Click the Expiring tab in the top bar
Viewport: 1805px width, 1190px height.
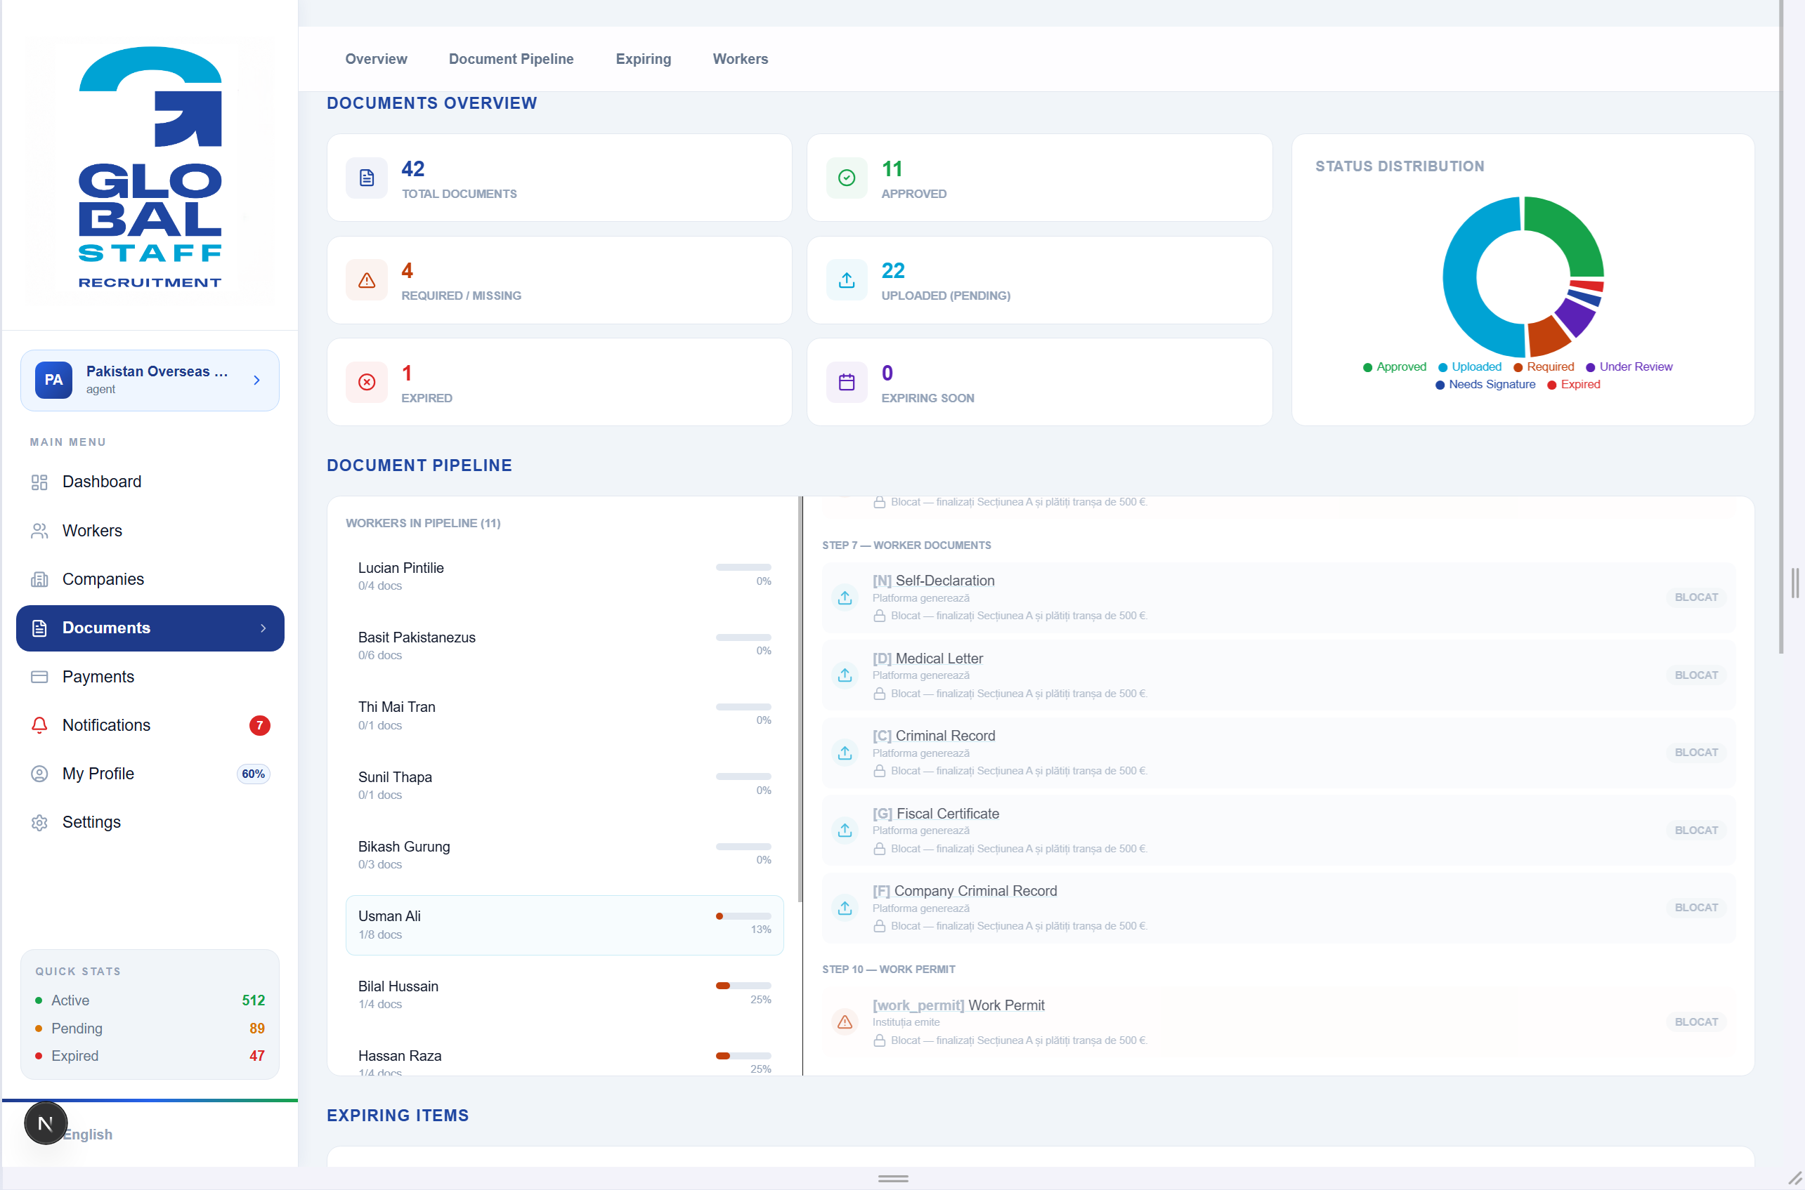(x=643, y=59)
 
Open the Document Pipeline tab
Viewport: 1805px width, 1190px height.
(x=511, y=59)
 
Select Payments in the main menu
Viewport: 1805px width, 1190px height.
(x=98, y=676)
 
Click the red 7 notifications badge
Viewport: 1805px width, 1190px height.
(x=260, y=725)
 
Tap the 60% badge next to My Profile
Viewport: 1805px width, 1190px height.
(x=254, y=774)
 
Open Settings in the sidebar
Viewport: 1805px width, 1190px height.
(x=91, y=822)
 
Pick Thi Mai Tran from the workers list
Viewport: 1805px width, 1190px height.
(x=396, y=706)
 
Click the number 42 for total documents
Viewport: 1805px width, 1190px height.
(x=413, y=168)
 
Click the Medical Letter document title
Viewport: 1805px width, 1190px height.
(x=939, y=659)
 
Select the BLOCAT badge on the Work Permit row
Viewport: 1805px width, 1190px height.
(x=1695, y=1022)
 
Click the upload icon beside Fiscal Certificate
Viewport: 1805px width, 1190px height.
(x=845, y=831)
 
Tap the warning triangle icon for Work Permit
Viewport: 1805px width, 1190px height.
(x=845, y=1022)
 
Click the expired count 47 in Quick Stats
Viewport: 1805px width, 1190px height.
(x=257, y=1056)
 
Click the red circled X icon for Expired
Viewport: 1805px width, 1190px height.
(x=367, y=382)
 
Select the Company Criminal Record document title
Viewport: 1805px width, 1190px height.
(x=976, y=891)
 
